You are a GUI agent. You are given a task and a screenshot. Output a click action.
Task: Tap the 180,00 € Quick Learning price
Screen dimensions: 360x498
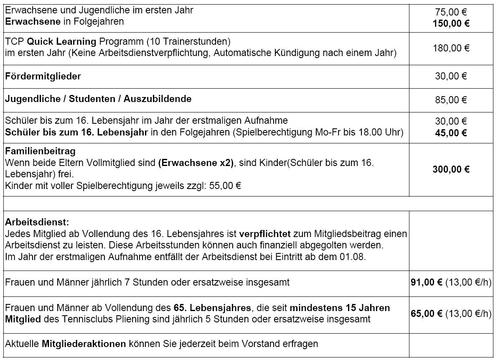452,48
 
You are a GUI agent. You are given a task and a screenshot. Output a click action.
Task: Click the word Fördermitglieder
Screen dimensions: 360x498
43,77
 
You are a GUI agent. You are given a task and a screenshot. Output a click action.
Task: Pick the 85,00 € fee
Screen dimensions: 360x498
452,100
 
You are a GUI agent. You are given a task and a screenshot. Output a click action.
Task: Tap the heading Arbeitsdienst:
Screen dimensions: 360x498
37,221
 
